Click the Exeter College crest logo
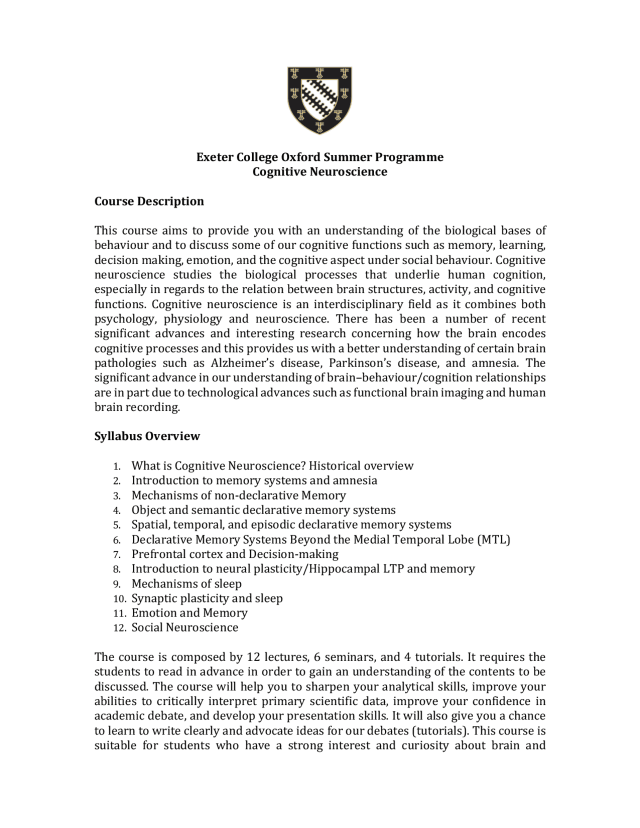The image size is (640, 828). (x=319, y=100)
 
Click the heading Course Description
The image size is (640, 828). (x=149, y=201)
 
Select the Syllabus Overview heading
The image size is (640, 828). (x=147, y=436)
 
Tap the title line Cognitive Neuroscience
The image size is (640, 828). (x=319, y=171)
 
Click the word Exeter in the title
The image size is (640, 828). (x=214, y=157)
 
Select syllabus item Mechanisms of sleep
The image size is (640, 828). (x=186, y=583)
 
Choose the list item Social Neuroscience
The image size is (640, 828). (x=184, y=627)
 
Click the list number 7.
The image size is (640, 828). (x=116, y=554)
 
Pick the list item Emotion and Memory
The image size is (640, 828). (x=189, y=613)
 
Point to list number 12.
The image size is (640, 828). (x=119, y=628)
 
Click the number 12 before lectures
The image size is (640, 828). (x=252, y=657)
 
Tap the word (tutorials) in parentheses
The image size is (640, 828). (x=439, y=730)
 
